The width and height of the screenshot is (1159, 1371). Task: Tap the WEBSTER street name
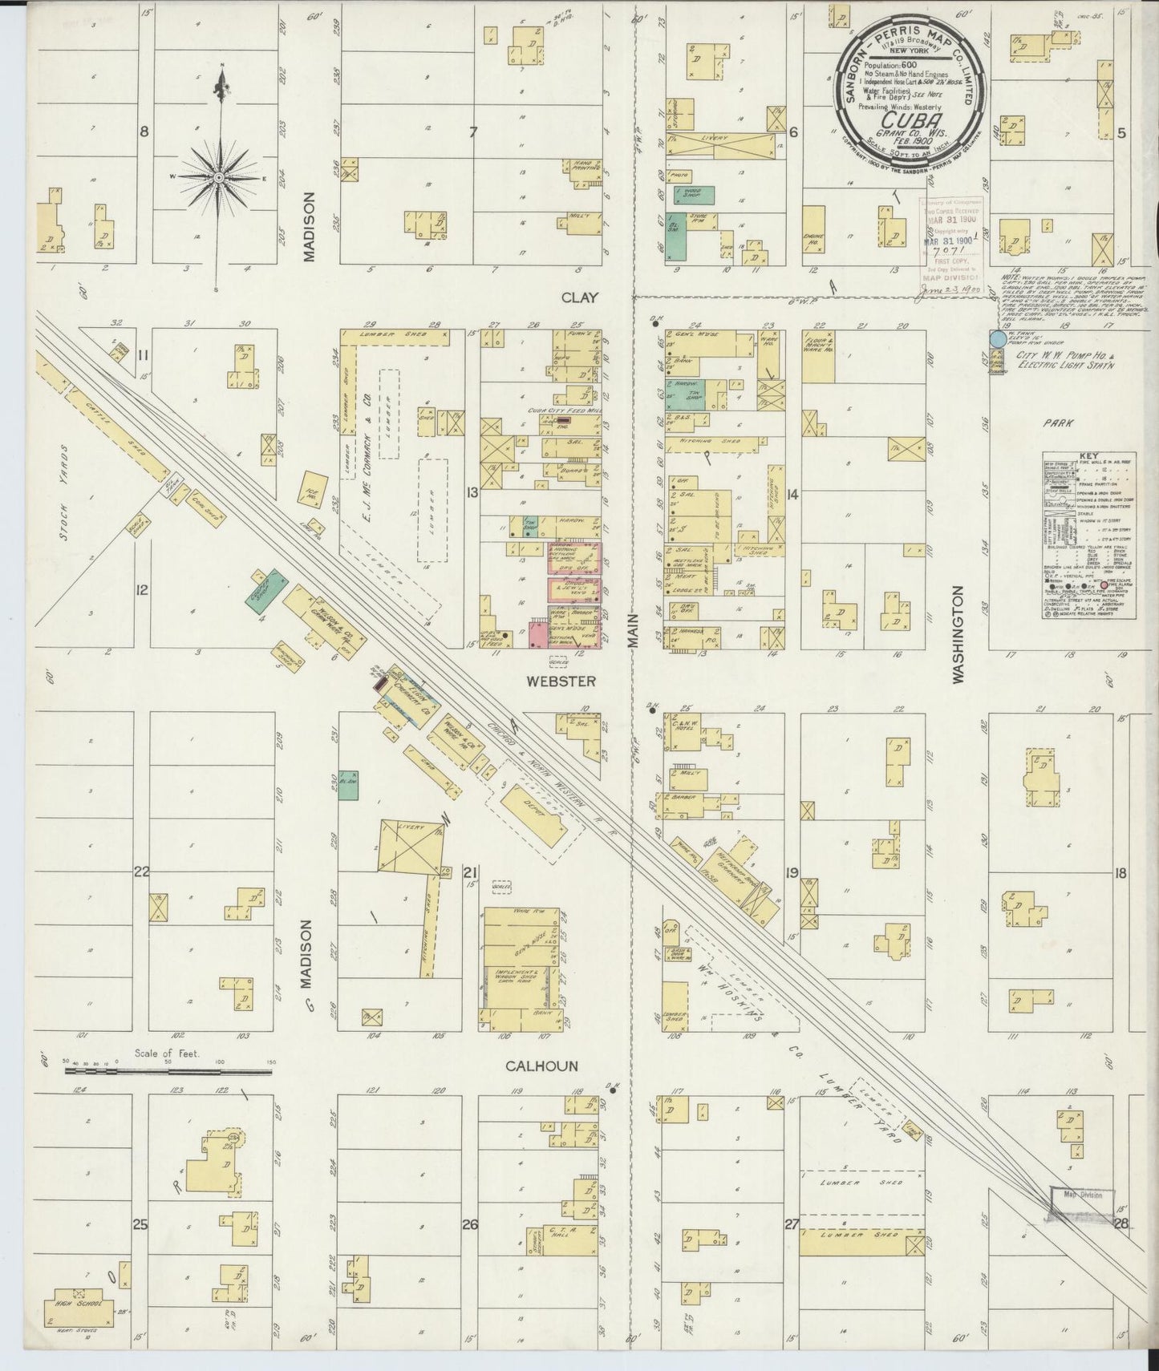click(x=561, y=681)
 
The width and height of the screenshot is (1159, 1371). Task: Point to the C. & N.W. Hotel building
click(x=680, y=731)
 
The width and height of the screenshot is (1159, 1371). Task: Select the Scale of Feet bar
click(x=160, y=1069)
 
